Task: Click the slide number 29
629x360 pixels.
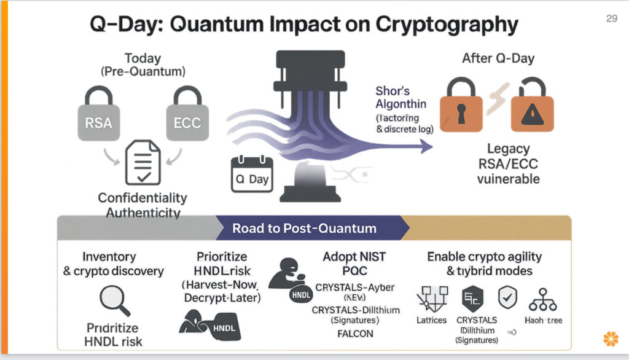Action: pos(611,19)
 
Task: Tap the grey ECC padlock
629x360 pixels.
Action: pos(184,117)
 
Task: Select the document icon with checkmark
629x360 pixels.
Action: pos(143,162)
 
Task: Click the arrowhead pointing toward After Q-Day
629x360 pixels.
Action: pos(425,146)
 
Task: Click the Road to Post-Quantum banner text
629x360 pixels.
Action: pos(304,229)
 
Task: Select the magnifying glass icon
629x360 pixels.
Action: pos(115,300)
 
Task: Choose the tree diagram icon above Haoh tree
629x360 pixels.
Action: pos(543,299)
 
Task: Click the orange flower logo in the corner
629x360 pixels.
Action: pos(611,339)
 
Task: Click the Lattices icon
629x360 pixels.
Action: pos(431,299)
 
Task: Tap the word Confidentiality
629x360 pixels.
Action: pos(143,198)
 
